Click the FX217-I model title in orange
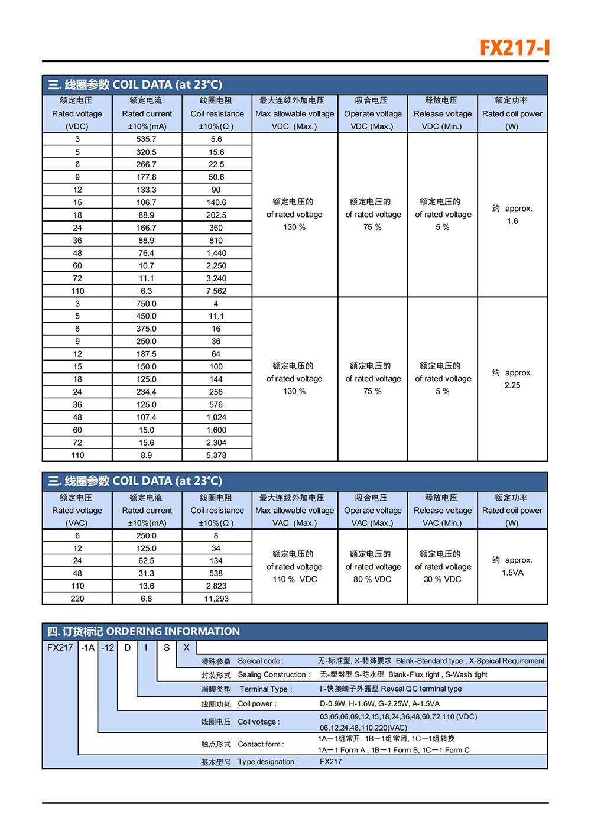tap(514, 47)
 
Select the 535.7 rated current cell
tap(147, 139)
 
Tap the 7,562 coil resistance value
tap(216, 291)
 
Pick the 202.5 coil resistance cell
tap(216, 215)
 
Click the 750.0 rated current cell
tap(147, 304)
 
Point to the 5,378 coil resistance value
tap(216, 456)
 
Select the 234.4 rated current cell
tap(147, 392)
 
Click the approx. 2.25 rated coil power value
tap(512, 385)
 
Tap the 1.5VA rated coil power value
tap(512, 573)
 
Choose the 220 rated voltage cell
tap(77, 599)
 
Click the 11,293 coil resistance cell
tap(216, 599)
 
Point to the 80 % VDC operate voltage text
tap(372, 579)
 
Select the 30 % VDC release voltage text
tap(443, 579)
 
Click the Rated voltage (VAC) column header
tap(77, 511)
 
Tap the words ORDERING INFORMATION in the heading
tap(173, 631)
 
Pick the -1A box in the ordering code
tap(88, 648)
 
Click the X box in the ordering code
tap(186, 648)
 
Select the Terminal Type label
tap(265, 689)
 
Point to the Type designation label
tap(268, 762)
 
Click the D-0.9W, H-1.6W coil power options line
tap(379, 704)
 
